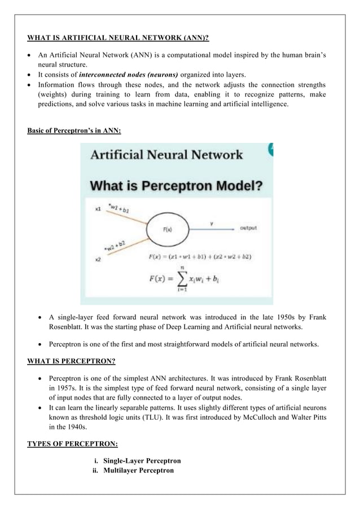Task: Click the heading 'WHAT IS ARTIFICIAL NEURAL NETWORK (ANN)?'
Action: coord(118,38)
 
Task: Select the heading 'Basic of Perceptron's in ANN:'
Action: coord(74,131)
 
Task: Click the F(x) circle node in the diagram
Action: coord(168,229)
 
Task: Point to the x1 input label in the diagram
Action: coord(98,209)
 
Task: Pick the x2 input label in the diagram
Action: coord(98,259)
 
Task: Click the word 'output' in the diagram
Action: coord(249,228)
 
